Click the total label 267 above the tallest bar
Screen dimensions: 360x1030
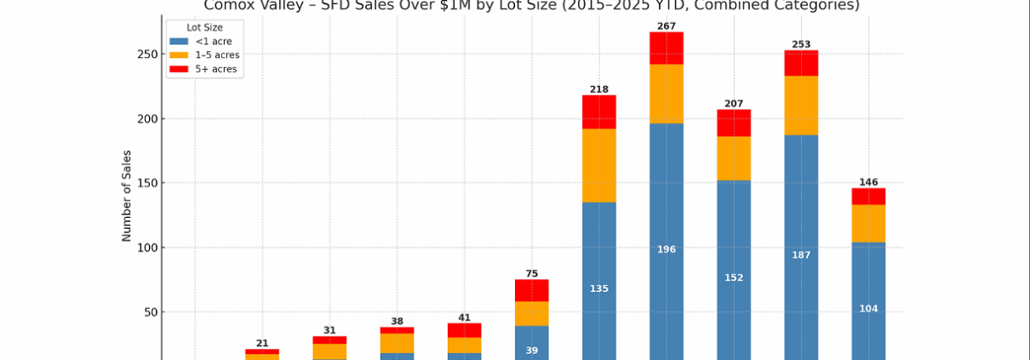(667, 26)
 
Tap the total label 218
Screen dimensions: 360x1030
(599, 89)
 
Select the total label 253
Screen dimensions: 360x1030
(801, 44)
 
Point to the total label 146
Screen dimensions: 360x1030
(868, 182)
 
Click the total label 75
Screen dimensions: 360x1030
(532, 273)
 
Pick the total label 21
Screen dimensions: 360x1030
(262, 343)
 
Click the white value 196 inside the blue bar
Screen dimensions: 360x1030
(667, 249)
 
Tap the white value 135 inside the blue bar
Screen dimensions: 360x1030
(599, 289)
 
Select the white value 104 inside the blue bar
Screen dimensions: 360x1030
(868, 308)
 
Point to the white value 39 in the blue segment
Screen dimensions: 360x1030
(532, 350)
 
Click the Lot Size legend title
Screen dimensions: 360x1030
(205, 27)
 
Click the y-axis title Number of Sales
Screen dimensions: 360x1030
(127, 196)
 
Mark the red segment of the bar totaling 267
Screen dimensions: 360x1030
(667, 49)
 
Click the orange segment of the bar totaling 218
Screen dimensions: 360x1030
(599, 165)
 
